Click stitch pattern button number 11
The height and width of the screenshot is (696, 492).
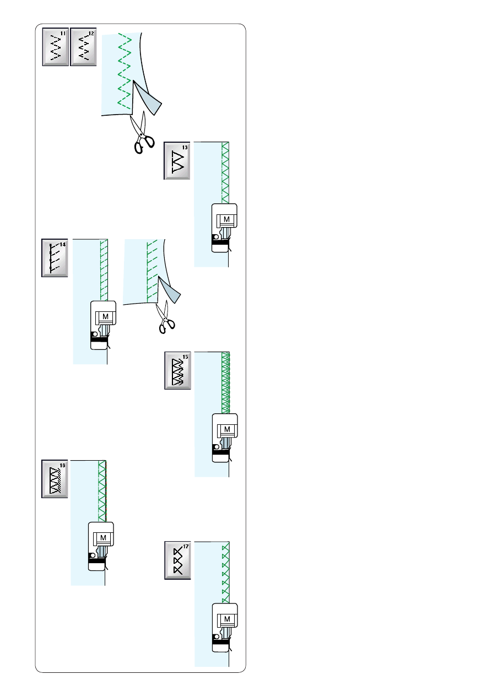55,47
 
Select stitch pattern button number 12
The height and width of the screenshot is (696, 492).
83,47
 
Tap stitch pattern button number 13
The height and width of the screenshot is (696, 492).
177,161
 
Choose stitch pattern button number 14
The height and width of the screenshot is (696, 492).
55,258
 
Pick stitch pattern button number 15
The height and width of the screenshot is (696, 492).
177,370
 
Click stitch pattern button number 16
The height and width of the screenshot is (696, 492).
55,479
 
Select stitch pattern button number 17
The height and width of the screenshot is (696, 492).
177,560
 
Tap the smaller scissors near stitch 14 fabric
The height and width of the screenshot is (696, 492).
165,317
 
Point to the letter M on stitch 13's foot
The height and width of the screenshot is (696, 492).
227,219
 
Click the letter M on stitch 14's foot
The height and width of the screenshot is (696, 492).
105,316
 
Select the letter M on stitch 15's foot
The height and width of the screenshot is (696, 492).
227,429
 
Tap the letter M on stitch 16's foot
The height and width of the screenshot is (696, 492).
103,537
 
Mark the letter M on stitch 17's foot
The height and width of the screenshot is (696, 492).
227,619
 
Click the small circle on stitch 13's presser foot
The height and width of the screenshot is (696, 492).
216,237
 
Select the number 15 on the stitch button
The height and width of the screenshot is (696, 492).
186,357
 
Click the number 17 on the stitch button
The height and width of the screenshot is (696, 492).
186,546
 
